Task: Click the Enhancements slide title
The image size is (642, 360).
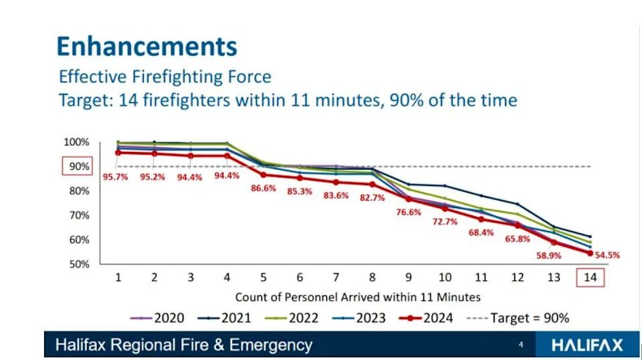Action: [x=146, y=46]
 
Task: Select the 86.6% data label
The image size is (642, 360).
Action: [x=263, y=189]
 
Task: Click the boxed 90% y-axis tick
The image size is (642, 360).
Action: [x=76, y=167]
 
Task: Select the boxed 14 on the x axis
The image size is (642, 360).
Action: [x=591, y=277]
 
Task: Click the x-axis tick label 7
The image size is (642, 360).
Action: [x=336, y=278]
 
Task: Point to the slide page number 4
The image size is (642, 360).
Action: [x=520, y=345]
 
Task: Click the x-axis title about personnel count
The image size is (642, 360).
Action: [x=356, y=296]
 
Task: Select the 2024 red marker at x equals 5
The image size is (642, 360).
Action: [x=263, y=175]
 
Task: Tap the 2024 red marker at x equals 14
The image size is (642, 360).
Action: [x=591, y=253]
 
